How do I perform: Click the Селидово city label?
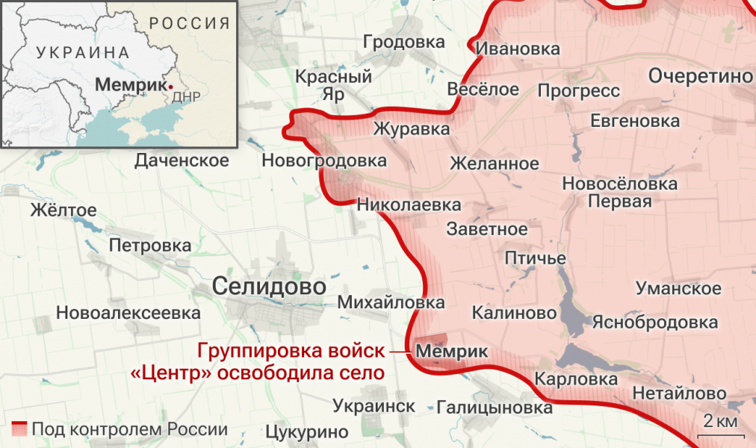click(269, 286)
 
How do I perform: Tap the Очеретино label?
click(701, 76)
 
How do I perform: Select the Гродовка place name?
click(403, 43)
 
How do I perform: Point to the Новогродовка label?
click(324, 161)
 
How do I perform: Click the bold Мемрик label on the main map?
click(451, 351)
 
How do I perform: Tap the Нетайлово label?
click(679, 393)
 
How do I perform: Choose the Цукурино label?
click(307, 432)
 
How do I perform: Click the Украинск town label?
click(374, 405)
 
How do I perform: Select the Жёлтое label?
click(63, 210)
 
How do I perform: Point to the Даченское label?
click(182, 161)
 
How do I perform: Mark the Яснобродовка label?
click(654, 323)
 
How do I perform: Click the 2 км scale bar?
click(721, 428)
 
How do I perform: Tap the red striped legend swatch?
click(19, 429)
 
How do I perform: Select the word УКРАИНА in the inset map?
click(82, 52)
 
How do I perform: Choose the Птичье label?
click(535, 258)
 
